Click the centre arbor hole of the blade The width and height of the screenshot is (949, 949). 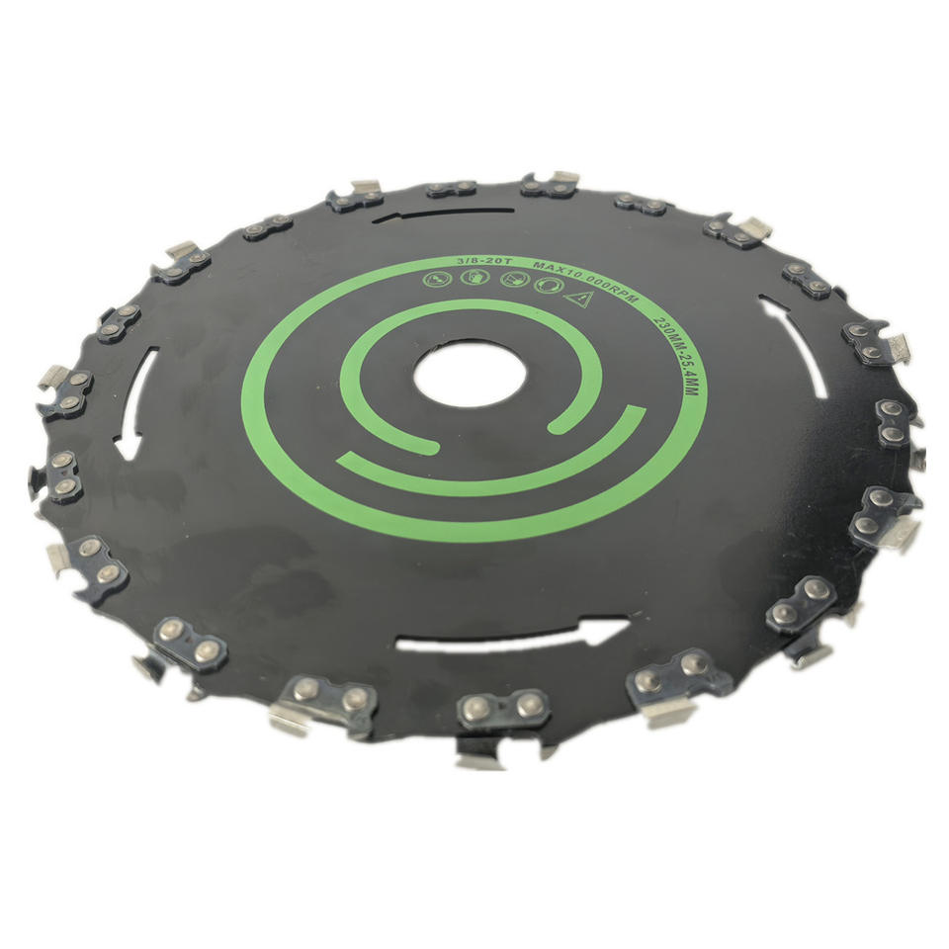coord(471,373)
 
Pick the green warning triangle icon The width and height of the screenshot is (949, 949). coord(579,299)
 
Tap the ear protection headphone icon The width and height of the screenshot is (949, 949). coord(549,286)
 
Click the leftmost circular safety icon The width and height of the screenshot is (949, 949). coord(435,279)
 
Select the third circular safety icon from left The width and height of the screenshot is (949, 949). coord(514,280)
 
